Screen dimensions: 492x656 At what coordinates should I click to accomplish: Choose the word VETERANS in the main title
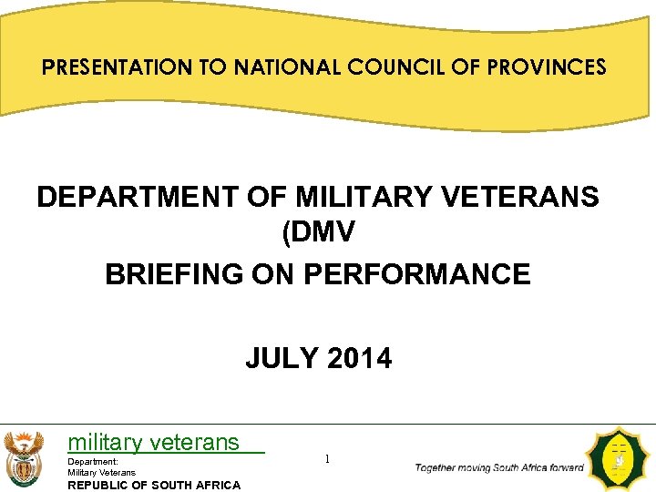coord(525,197)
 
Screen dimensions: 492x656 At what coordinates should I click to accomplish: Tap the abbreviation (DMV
coord(318,234)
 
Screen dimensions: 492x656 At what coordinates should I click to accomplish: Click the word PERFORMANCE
coord(419,273)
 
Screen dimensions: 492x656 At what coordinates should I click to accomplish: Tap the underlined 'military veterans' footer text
coord(154,443)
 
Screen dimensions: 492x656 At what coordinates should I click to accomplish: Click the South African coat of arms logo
coord(23,459)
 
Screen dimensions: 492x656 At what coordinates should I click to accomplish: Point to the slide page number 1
coord(327,459)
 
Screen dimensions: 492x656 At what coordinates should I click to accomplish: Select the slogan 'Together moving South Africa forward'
coord(499,467)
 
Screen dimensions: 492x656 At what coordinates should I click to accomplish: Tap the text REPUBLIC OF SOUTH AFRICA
coord(154,485)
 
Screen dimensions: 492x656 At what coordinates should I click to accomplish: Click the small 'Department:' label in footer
coord(93,462)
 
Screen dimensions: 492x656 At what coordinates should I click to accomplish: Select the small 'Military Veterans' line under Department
coord(102,472)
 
